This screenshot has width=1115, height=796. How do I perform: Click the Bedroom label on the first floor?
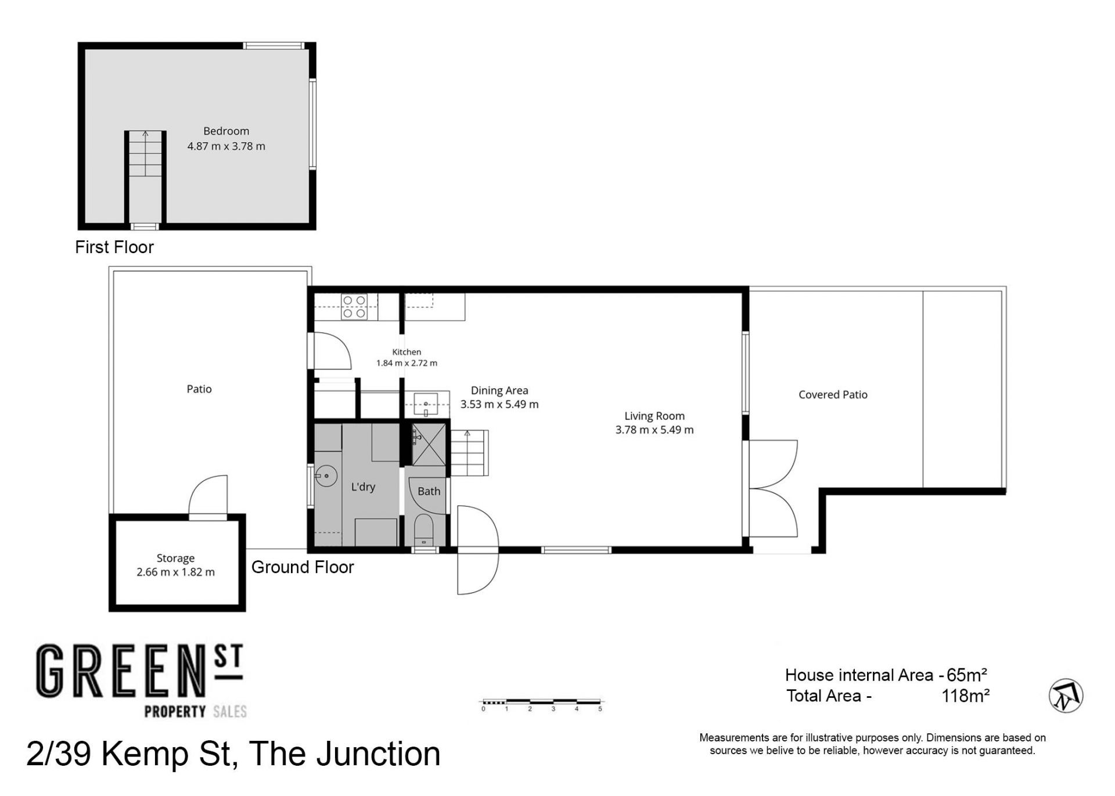point(226,131)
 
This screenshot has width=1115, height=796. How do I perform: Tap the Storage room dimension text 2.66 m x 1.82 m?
point(175,572)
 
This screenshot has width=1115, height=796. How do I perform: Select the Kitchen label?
point(407,352)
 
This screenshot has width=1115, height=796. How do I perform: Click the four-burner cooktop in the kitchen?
point(354,307)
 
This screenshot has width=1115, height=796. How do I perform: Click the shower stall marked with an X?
point(429,445)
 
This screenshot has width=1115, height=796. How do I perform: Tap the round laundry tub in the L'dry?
point(326,477)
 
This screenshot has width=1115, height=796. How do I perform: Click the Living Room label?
point(654,416)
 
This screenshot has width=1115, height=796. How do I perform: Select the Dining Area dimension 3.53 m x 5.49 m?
point(499,404)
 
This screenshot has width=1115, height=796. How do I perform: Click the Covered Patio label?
point(833,395)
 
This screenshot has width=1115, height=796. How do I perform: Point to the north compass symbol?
point(1066,696)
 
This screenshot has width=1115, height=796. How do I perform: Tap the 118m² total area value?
point(965,696)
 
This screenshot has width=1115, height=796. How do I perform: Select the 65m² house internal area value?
point(967,675)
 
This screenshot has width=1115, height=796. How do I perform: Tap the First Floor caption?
point(114,247)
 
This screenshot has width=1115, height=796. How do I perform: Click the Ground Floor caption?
point(303,567)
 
